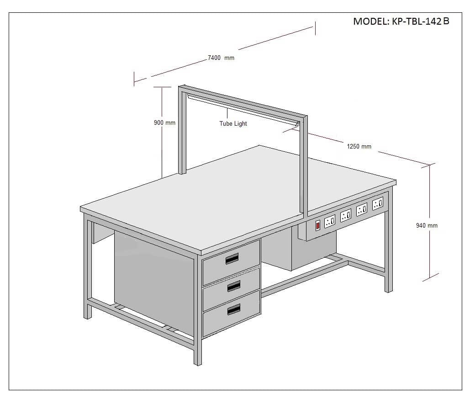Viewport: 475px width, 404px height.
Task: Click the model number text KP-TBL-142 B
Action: [421, 21]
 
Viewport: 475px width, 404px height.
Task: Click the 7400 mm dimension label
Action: [221, 58]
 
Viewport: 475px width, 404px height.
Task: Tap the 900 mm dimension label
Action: [164, 122]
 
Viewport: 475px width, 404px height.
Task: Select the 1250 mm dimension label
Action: [359, 146]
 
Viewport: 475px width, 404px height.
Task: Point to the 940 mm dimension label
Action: [427, 225]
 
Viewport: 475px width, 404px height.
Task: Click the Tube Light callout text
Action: [233, 123]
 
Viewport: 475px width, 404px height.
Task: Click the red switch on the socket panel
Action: [318, 225]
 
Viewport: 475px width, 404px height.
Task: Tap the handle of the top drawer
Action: [232, 259]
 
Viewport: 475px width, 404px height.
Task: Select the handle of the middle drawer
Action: [233, 286]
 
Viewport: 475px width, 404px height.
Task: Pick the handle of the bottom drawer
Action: [233, 309]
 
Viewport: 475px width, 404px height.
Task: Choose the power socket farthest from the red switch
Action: [377, 203]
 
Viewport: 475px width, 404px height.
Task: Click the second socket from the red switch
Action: [346, 215]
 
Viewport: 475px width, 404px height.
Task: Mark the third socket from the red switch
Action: [362, 209]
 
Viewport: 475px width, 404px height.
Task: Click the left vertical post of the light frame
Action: [182, 130]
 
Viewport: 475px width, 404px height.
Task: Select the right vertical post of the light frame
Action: [304, 165]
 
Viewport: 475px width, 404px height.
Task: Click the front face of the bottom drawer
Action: [232, 314]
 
